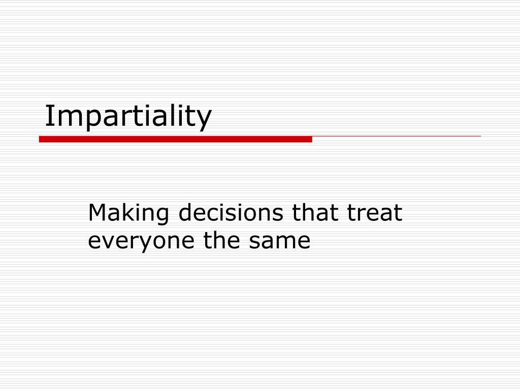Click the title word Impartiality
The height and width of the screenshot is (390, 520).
(128, 116)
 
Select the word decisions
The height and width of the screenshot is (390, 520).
(231, 212)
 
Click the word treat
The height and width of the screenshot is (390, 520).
(374, 213)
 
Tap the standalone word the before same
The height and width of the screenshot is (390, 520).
(221, 240)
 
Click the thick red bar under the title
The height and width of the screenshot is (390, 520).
(175, 139)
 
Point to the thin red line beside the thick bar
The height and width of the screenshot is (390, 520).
(396, 136)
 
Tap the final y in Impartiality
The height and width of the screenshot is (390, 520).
(203, 120)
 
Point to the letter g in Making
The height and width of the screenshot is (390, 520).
(161, 216)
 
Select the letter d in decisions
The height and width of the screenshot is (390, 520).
(186, 212)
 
